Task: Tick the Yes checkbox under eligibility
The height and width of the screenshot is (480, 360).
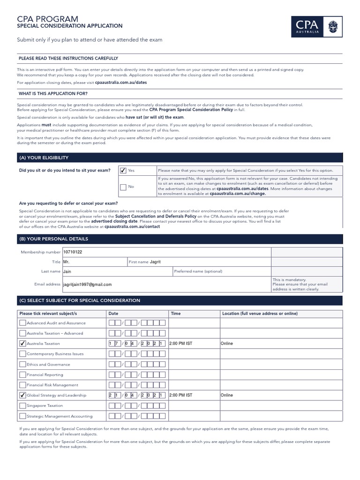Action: pos(123,171)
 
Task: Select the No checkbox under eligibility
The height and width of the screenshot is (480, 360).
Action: pos(123,187)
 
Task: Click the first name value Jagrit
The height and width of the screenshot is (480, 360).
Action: pos(155,262)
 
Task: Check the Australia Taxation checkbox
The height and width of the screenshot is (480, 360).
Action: pos(22,344)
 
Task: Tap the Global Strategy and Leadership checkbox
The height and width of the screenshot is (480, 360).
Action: pos(22,395)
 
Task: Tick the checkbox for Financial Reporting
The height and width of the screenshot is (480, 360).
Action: pos(22,375)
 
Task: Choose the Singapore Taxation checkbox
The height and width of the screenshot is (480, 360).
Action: pos(22,405)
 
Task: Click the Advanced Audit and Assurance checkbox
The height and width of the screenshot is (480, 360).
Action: pos(22,323)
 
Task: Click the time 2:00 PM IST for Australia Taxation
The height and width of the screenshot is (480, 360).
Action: pos(180,344)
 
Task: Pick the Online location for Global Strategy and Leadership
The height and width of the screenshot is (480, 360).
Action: pos(227,395)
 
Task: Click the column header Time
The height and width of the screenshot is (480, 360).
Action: pos(176,314)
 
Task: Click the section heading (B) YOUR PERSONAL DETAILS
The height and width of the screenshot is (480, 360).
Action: pos(53,239)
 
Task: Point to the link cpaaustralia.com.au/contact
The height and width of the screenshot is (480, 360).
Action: pos(132,226)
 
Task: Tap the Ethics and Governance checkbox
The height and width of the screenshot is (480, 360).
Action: pos(22,364)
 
